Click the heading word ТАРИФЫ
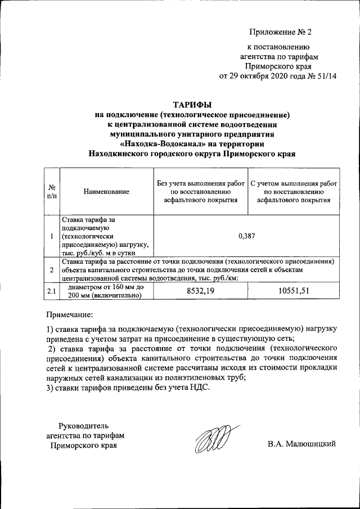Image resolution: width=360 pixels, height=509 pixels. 192,105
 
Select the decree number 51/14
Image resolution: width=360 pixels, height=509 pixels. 324,76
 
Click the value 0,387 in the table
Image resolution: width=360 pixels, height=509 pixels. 247,236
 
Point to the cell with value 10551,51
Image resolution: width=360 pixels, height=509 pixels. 294,291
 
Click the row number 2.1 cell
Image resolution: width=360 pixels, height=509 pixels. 51,291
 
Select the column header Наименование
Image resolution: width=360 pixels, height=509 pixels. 106,192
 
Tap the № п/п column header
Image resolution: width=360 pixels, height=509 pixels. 51,192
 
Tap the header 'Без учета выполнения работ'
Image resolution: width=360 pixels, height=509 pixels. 200,183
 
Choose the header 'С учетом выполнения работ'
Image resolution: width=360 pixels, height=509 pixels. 294,183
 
